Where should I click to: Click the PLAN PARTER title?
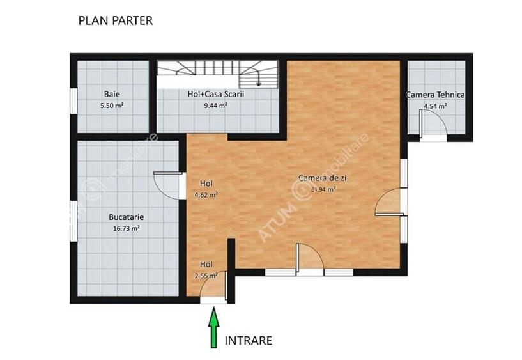pos(115,20)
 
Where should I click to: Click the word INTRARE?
pos(249,340)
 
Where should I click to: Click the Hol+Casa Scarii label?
pos(216,94)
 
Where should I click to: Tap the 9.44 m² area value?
pos(216,106)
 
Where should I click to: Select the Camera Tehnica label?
pos(435,95)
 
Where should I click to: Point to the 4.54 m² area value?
pos(435,106)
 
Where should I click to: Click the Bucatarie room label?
pos(127,216)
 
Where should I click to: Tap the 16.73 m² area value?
pos(127,228)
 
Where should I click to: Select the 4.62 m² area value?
pos(206,194)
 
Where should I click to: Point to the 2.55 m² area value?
pos(206,276)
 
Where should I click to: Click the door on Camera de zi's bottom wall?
pos(311,258)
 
